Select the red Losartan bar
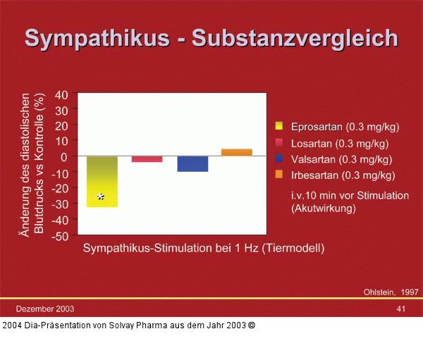click(x=147, y=159)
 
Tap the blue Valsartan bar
click(x=192, y=163)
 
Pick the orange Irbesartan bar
click(x=237, y=152)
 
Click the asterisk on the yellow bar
click(x=102, y=197)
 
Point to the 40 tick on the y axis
click(x=61, y=94)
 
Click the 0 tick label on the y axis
click(x=65, y=156)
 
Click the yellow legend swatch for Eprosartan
click(x=279, y=127)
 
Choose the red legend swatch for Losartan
click(x=279, y=143)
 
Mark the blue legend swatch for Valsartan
click(x=279, y=159)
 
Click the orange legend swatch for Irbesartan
click(x=279, y=175)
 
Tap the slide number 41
click(x=400, y=309)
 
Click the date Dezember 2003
click(x=45, y=309)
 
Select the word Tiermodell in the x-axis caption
click(x=295, y=249)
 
